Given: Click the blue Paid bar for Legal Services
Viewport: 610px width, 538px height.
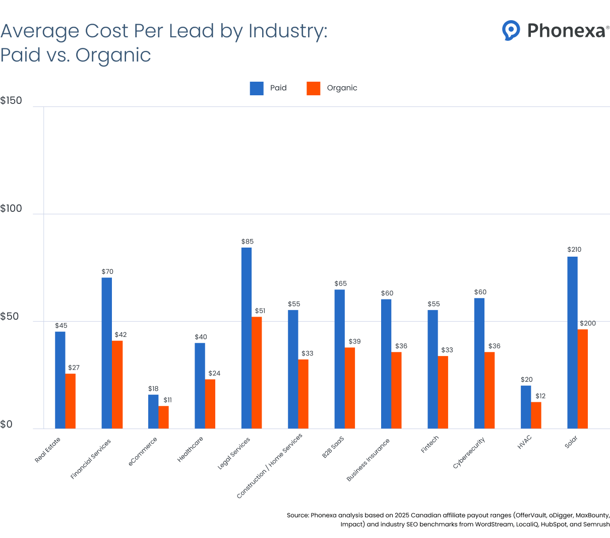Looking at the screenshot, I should pos(247,338).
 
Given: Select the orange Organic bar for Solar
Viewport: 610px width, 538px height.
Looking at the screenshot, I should pos(583,379).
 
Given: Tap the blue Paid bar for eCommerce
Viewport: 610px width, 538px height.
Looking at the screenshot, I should pos(153,411).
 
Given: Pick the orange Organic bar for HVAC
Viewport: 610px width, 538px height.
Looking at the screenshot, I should pos(536,415).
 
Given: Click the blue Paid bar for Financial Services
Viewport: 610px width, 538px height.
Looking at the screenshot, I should pos(107,353).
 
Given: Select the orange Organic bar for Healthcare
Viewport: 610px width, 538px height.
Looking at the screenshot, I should pos(210,404).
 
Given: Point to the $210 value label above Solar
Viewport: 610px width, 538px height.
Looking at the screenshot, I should pos(574,250).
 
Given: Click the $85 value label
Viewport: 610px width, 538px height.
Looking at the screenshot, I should pos(247,242).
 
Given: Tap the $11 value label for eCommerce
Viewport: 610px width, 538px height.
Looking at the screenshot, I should pos(167,400).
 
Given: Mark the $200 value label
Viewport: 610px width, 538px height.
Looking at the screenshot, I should pos(587,323).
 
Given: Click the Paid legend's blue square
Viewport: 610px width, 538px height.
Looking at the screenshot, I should pos(257,88).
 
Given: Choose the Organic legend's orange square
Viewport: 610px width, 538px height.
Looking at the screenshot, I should pos(313,88).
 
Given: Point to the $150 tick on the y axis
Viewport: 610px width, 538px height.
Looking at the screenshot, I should pos(11,100).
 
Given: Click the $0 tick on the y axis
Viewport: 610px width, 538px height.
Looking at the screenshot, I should pos(6,425).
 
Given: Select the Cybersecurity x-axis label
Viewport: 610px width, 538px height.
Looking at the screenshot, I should pos(469,453).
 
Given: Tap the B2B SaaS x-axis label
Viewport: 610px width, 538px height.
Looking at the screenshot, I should pos(333,447).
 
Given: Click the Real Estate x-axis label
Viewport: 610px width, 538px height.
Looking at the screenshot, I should pos(47,450).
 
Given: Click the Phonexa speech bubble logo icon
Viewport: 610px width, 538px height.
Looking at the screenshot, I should pos(511,30).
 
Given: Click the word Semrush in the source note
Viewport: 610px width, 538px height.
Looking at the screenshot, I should pos(596,524).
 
